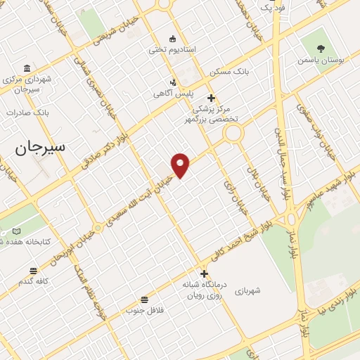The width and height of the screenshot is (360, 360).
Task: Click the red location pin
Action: (x=181, y=165)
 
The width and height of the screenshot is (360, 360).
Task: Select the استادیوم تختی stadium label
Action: (x=172, y=50)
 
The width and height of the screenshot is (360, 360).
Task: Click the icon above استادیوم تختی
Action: (x=172, y=38)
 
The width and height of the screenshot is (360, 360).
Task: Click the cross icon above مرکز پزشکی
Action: (x=211, y=98)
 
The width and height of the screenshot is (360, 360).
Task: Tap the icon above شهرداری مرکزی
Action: (x=27, y=68)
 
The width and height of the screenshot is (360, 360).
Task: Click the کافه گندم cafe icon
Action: (x=33, y=271)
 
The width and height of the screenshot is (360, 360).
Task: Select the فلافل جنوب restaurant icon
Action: (x=144, y=299)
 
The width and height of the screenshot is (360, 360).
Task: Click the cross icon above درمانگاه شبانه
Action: (x=204, y=274)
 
